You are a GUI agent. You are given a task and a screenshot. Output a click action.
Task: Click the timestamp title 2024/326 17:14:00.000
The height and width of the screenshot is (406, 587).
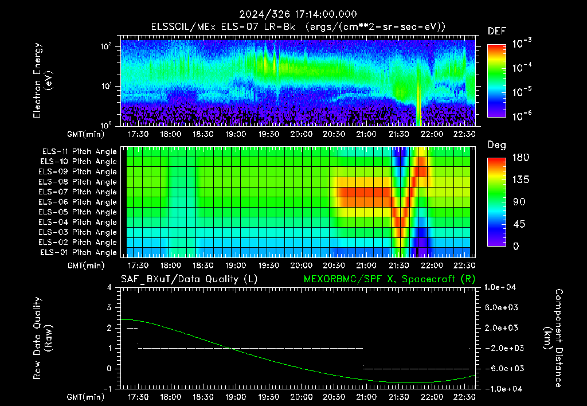click(298, 14)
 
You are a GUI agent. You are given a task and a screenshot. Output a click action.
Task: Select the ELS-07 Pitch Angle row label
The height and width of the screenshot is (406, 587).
click(77, 192)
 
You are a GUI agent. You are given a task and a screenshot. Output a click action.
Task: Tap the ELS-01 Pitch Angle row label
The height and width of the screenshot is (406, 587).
click(78, 252)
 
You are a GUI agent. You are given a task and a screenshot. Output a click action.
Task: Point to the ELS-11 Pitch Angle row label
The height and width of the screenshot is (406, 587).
click(79, 151)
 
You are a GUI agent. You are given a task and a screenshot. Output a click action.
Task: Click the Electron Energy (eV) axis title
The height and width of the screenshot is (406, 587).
click(42, 80)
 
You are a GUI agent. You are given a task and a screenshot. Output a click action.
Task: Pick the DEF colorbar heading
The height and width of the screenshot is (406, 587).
click(497, 31)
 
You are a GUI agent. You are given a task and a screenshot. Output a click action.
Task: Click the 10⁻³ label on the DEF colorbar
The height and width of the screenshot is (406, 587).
click(522, 44)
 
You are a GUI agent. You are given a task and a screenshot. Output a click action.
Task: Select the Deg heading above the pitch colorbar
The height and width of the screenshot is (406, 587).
click(497, 145)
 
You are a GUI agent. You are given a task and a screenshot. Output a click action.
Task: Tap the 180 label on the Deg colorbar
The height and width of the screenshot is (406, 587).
click(521, 157)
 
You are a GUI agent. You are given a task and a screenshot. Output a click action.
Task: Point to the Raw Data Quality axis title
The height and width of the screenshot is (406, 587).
click(42, 338)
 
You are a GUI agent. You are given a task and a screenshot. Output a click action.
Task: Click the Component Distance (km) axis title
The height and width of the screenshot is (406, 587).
click(553, 338)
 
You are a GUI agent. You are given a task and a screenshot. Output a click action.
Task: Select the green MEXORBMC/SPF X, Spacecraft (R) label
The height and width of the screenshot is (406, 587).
click(389, 279)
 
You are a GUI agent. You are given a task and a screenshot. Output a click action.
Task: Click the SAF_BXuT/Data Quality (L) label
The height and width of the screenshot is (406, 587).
click(189, 279)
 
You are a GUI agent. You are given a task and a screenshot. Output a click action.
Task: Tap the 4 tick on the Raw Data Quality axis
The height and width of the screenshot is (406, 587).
click(109, 287)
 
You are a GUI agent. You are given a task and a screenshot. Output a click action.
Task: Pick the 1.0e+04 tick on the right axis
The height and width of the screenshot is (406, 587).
click(500, 287)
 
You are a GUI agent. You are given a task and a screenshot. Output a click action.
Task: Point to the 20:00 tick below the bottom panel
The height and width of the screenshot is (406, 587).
click(302, 396)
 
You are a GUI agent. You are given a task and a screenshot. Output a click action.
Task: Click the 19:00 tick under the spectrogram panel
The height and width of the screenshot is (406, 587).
click(236, 134)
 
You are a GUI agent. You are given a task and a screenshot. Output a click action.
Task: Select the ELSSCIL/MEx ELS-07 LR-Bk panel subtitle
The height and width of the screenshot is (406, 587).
click(223, 27)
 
